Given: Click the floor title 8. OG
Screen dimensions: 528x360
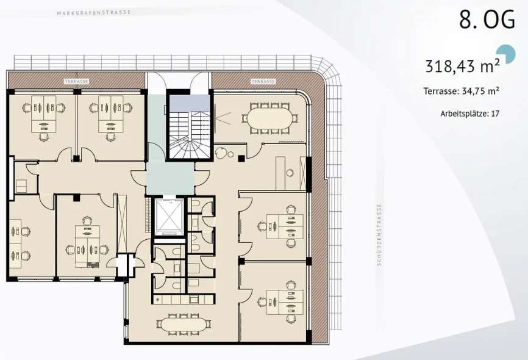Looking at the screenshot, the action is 487,19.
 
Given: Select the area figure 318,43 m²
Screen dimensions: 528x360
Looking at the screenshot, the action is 462,66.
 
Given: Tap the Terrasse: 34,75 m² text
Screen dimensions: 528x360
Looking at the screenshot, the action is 462,91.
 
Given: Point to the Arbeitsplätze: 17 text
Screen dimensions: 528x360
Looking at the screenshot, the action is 469,113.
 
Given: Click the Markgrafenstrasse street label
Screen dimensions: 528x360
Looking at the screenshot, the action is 94,12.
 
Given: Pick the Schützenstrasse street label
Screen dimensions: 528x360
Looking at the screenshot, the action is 379,234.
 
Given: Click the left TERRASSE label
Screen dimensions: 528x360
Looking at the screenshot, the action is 77,81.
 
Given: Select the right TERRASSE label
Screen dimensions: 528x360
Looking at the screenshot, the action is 263,81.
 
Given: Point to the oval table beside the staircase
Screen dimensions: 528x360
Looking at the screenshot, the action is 270,118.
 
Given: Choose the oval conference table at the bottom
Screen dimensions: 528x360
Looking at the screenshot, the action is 184,324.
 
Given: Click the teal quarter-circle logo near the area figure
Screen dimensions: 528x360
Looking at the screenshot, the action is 507,54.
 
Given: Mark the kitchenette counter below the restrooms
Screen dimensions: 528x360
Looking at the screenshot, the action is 183,299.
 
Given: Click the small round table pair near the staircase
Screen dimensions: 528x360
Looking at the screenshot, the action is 224,154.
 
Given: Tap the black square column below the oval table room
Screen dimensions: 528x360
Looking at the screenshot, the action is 241,159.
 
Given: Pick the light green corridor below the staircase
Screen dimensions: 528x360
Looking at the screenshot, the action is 170,178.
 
